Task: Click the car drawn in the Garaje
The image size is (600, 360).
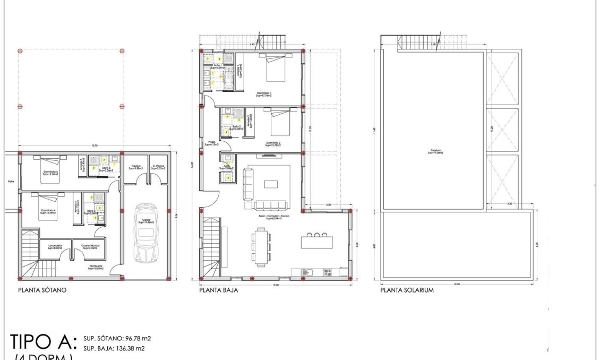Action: [x=145, y=232]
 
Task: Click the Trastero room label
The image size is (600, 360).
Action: [x=135, y=167]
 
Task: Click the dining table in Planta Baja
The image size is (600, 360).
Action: [x=260, y=246]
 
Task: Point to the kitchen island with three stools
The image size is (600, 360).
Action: [x=318, y=242]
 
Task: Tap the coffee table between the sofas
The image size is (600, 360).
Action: [x=271, y=184]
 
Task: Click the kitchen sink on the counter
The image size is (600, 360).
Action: [x=306, y=272]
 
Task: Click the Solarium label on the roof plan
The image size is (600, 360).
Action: [x=437, y=152]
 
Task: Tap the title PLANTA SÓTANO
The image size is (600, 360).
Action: [x=41, y=290]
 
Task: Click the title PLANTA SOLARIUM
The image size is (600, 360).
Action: [x=407, y=290]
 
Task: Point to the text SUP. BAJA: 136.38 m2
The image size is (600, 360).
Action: [x=114, y=348]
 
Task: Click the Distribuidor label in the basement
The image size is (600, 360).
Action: [x=96, y=268]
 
